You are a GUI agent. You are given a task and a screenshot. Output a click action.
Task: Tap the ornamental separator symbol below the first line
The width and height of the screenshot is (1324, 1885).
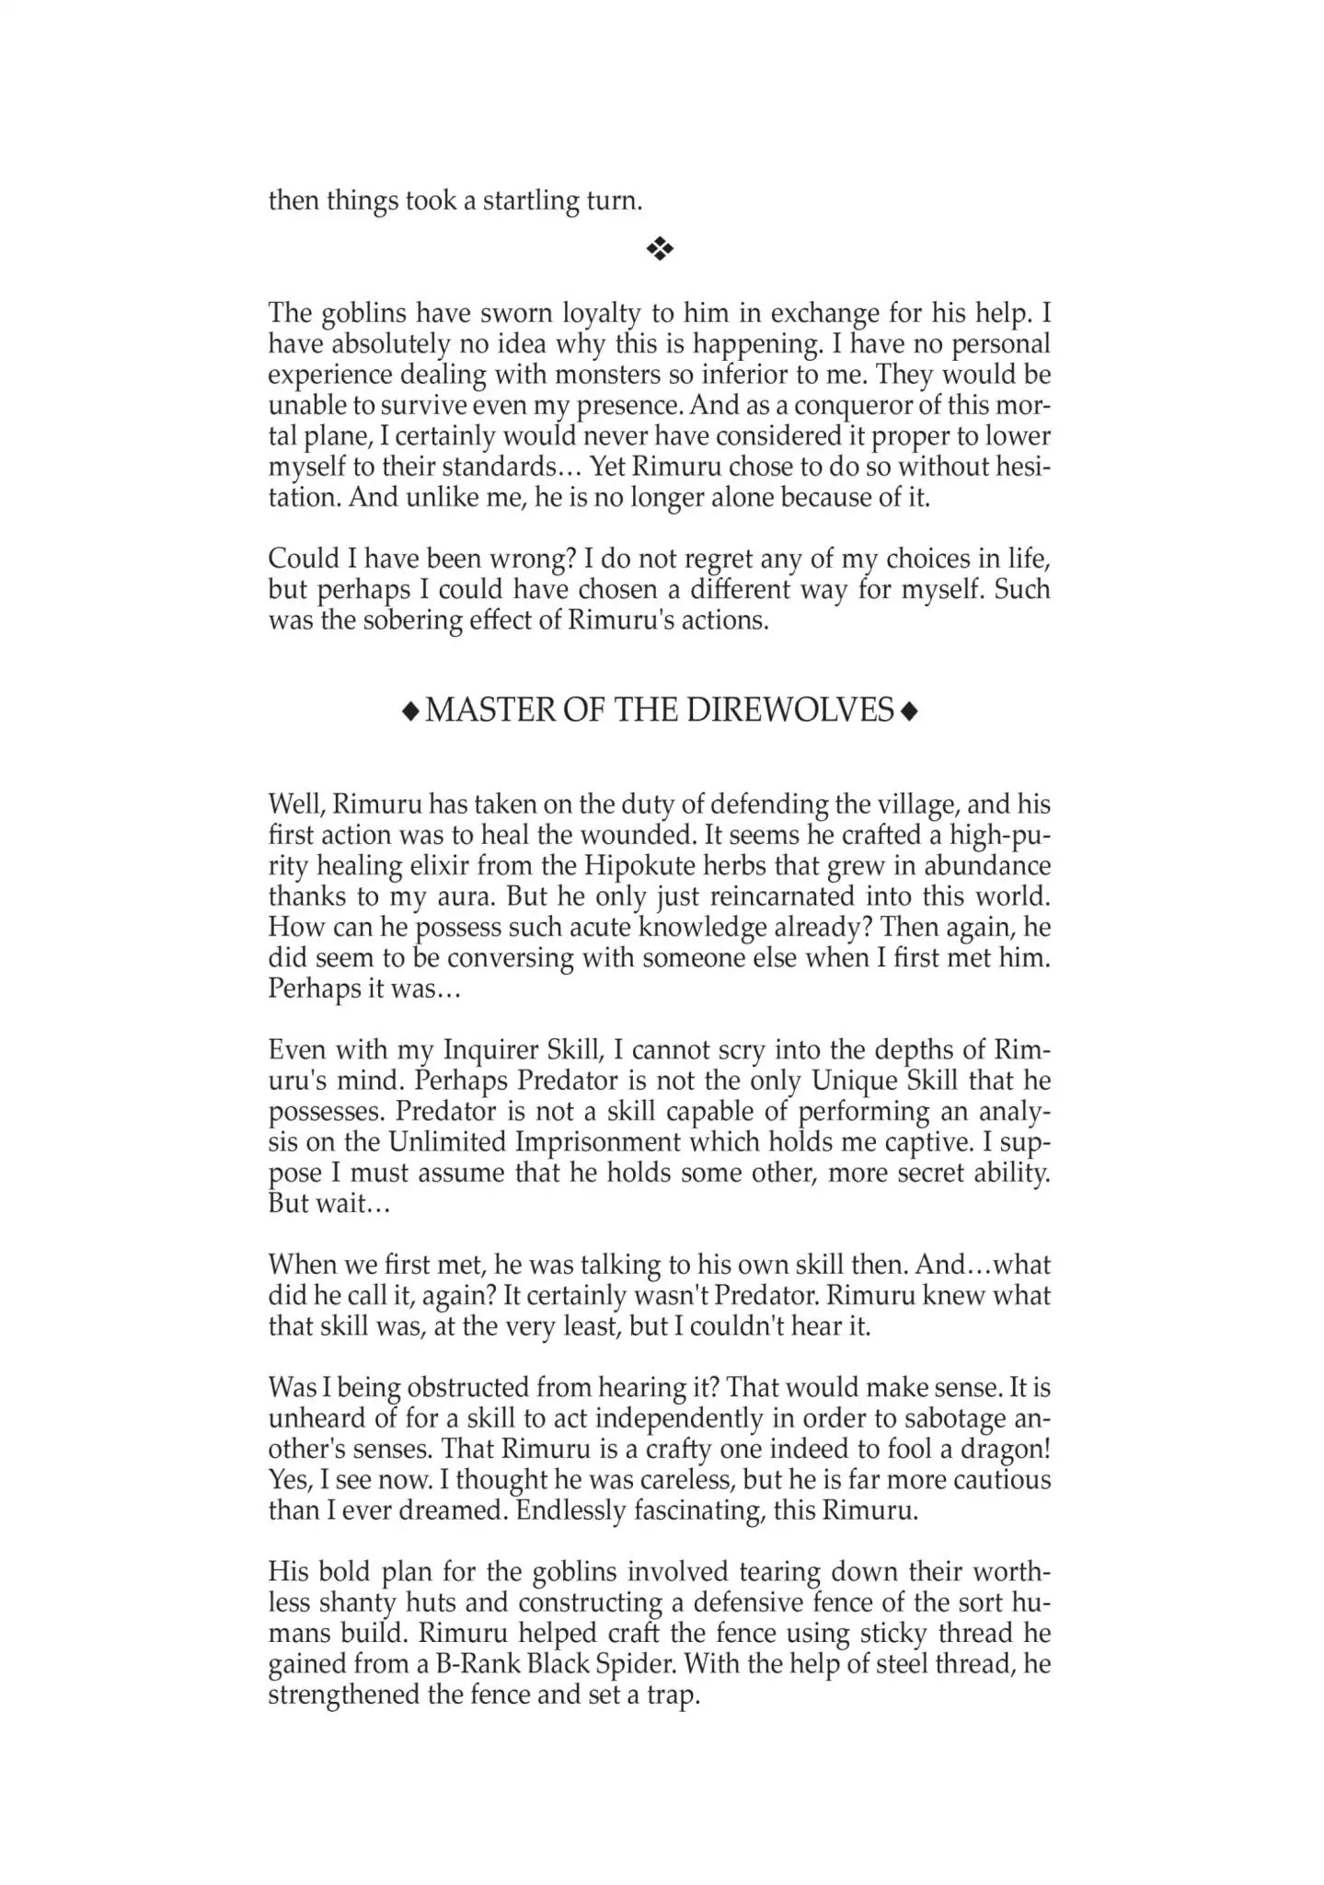click(x=661, y=249)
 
